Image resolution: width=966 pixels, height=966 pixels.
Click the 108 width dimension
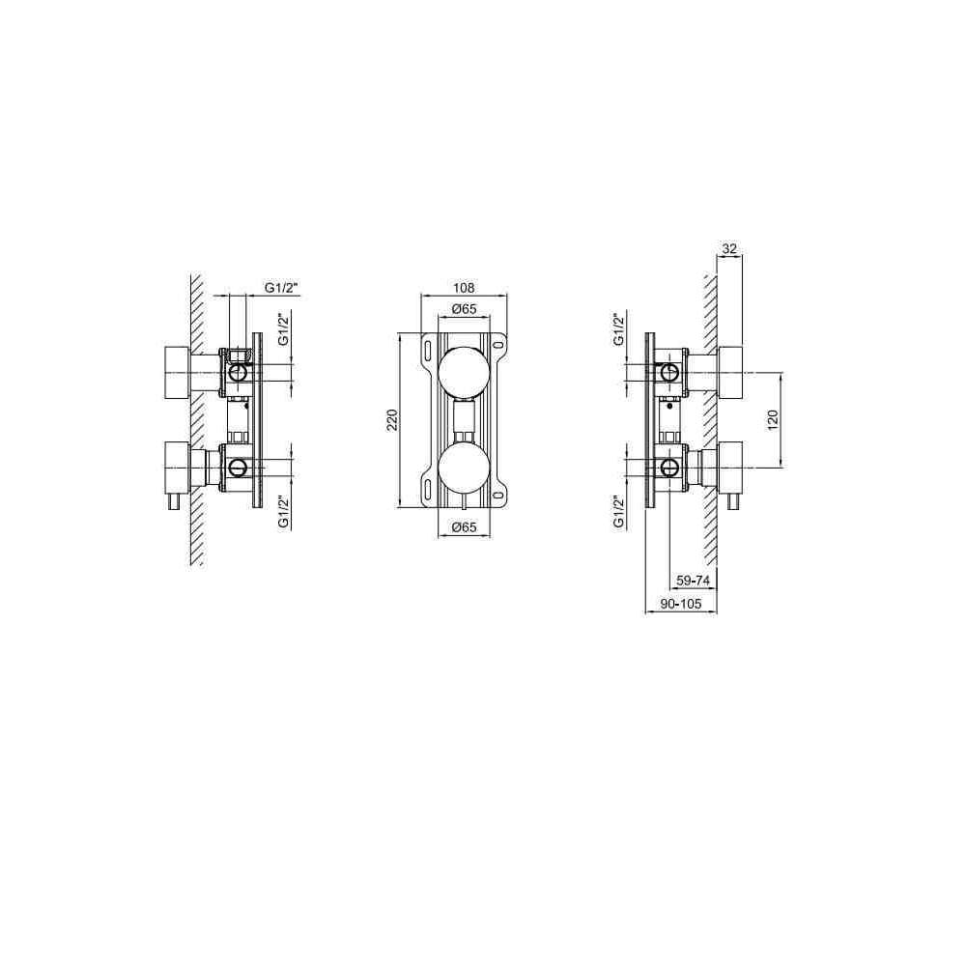[464, 288]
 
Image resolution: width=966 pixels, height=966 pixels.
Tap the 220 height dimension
[392, 420]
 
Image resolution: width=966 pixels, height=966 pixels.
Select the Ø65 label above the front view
[464, 309]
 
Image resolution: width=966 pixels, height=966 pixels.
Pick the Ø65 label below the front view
[464, 527]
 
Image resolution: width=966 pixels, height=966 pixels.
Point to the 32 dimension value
[729, 249]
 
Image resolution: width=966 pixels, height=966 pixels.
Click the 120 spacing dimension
[774, 419]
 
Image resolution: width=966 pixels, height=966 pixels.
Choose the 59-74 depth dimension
[693, 581]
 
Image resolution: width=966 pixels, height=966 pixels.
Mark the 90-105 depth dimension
[681, 604]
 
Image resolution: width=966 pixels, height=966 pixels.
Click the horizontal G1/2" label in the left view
[281, 288]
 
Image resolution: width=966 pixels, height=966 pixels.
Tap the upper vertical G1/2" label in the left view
[283, 329]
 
